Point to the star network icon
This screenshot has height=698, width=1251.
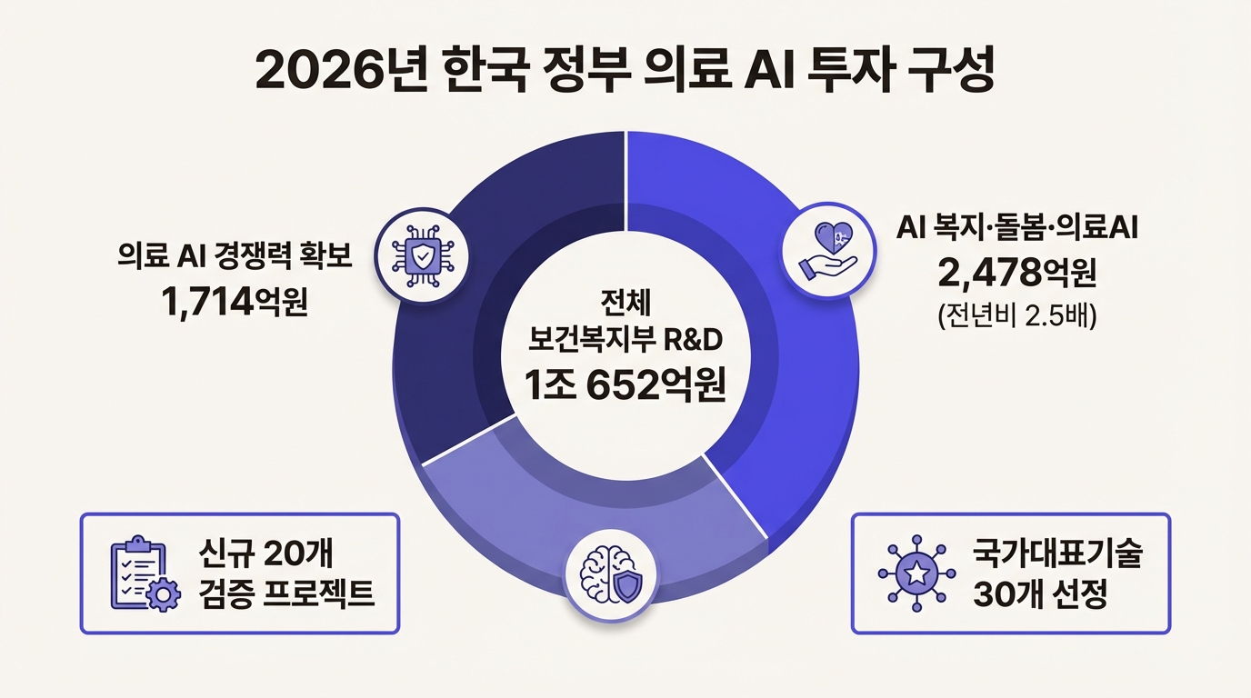(x=916, y=573)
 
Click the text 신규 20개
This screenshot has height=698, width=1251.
(x=270, y=553)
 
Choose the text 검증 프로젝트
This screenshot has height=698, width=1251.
(x=286, y=594)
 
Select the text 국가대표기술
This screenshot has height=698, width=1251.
(x=1056, y=553)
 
